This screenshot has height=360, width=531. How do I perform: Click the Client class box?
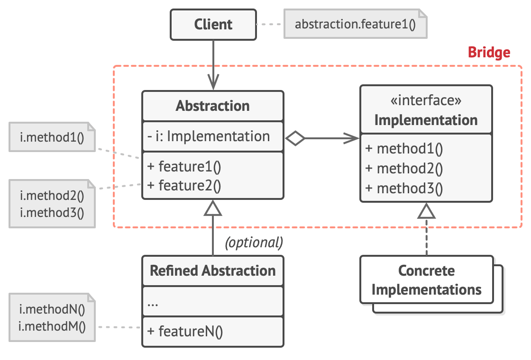click(213, 25)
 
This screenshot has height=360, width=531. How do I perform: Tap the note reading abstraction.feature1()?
click(355, 24)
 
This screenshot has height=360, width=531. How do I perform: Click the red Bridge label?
click(489, 53)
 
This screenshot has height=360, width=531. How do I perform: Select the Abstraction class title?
click(212, 106)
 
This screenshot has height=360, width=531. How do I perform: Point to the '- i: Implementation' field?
click(209, 136)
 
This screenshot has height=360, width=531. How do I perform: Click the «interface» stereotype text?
click(426, 100)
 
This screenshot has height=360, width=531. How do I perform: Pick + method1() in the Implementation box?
click(404, 149)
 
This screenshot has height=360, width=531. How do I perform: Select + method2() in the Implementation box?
click(404, 169)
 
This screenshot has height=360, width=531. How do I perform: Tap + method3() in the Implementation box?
click(404, 189)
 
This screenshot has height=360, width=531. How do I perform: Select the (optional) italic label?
click(254, 243)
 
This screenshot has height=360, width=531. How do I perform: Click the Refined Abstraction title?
click(212, 271)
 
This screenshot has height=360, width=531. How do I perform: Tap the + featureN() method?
click(185, 331)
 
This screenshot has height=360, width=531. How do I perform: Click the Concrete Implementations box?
click(426, 280)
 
